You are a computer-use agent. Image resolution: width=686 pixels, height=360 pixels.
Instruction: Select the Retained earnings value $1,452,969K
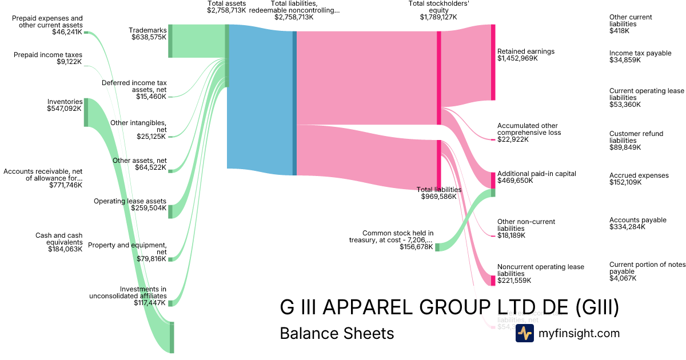pos(517,58)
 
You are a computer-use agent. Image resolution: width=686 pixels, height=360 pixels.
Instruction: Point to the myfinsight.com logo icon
pos(524,333)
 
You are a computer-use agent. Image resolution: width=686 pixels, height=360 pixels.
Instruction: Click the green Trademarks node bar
pos(170,41)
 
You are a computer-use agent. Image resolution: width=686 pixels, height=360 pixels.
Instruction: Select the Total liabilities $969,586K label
pos(438,193)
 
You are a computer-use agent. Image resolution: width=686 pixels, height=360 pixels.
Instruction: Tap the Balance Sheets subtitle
pos(337,333)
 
